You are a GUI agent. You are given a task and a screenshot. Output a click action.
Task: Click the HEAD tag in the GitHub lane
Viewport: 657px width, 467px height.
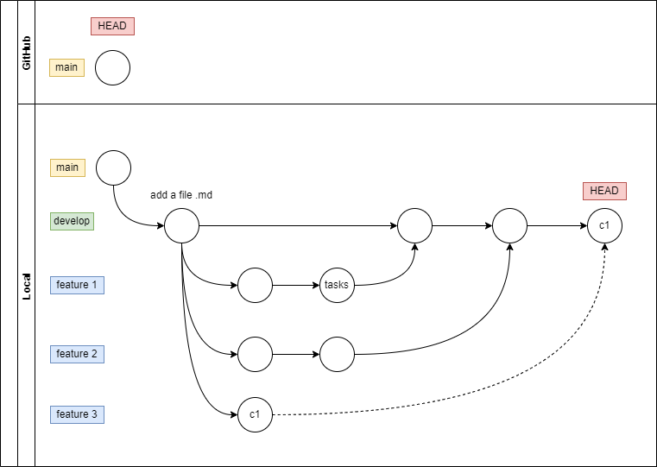112,26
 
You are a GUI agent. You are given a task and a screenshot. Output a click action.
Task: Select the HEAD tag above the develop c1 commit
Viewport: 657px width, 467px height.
604,191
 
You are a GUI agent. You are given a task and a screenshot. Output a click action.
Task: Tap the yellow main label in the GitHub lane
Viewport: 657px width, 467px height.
66,66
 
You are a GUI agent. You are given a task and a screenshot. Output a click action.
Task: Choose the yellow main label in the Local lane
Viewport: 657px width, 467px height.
67,167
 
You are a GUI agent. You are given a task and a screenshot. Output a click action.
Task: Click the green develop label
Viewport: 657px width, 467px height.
72,221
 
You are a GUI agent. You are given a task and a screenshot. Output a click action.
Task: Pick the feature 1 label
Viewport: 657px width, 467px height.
77,284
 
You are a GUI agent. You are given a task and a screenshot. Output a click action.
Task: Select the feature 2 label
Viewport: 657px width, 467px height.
77,354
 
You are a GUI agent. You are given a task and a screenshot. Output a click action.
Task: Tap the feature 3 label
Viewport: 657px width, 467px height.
77,414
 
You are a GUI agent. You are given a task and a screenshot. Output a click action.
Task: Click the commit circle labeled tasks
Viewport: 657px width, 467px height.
337,285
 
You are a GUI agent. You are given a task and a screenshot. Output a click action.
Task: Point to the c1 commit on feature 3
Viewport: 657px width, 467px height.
255,415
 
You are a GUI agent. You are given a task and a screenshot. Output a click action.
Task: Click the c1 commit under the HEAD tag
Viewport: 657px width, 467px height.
604,226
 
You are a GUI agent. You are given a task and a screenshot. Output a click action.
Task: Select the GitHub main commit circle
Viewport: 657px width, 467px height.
112,67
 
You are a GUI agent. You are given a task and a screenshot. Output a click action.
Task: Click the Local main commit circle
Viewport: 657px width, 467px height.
113,167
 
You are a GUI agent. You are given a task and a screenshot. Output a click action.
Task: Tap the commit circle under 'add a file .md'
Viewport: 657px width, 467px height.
181,226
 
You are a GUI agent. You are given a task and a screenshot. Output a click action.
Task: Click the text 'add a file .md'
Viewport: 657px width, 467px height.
181,195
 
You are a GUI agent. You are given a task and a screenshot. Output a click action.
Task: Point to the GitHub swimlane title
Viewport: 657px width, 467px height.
27,53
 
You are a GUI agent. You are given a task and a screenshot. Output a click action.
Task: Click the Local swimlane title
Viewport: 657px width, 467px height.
27,286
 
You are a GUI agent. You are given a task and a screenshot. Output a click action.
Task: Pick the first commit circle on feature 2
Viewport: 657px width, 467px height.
255,354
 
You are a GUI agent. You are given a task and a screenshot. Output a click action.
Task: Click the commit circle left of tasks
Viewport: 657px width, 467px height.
255,285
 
